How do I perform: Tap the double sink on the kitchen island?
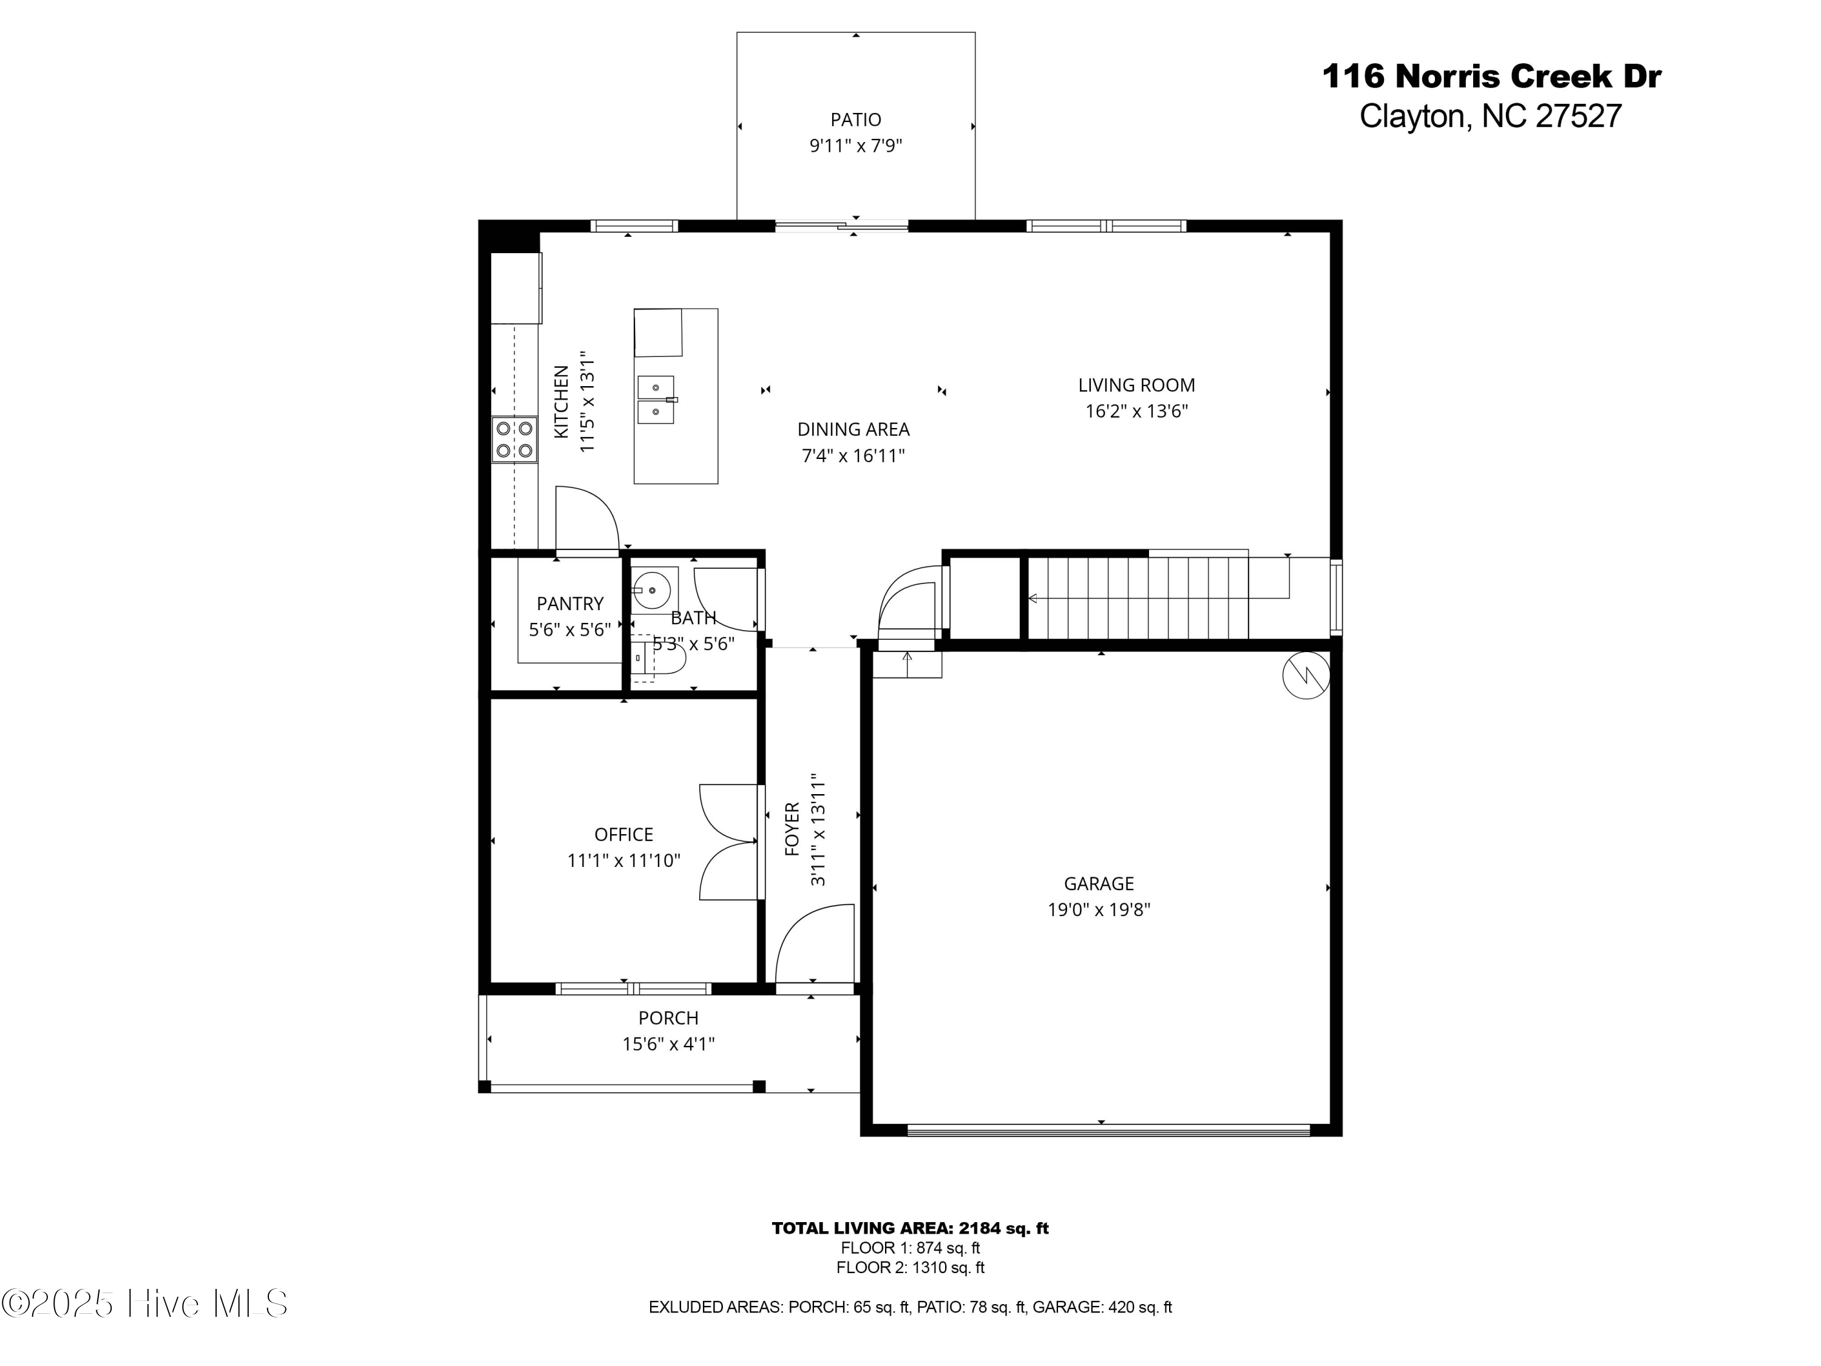coord(656,399)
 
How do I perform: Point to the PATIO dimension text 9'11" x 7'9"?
coord(855,146)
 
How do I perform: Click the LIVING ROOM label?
coord(1136,384)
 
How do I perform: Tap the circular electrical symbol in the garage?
coord(1306,675)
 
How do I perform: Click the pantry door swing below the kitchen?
coord(586,518)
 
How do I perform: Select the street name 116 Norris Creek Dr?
coord(1491,76)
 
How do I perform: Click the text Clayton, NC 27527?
coord(1490,116)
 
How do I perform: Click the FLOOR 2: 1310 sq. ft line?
coord(910,1267)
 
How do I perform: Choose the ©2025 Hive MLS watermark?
coord(145,1303)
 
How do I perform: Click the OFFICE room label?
coord(623,834)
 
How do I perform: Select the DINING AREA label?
coord(853,429)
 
